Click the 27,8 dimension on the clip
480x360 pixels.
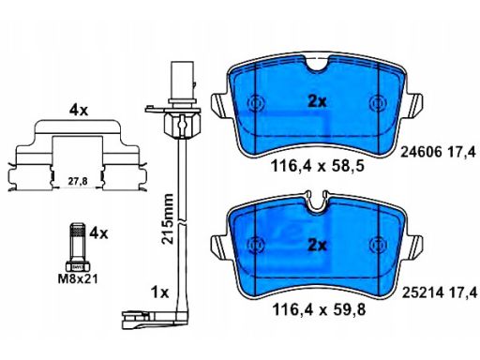click(x=78, y=181)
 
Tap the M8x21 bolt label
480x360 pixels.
click(x=78, y=278)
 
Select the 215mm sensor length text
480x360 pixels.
click(x=167, y=218)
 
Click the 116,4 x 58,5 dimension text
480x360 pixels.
click(x=318, y=166)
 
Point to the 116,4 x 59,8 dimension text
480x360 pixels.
click(x=319, y=310)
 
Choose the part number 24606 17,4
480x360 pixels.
click(x=438, y=152)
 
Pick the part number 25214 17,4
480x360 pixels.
click(x=440, y=292)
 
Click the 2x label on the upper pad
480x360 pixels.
click(x=317, y=101)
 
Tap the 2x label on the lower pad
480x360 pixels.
click(x=317, y=245)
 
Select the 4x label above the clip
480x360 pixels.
click(x=79, y=111)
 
